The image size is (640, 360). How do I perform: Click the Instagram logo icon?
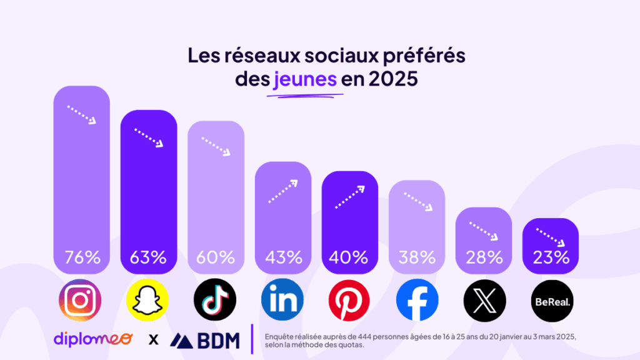pyautogui.click(x=80, y=300)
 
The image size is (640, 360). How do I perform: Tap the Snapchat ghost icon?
pyautogui.click(x=148, y=300)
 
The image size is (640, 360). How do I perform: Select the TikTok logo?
pyautogui.click(x=215, y=300)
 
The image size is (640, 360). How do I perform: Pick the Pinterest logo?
pyautogui.click(x=349, y=300)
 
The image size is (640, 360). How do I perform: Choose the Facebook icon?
pyautogui.click(x=417, y=300)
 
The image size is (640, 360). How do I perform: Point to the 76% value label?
pyautogui.click(x=81, y=257)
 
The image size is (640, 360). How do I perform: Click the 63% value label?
pyautogui.click(x=148, y=257)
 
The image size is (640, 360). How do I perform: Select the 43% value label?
pyautogui.click(x=282, y=257)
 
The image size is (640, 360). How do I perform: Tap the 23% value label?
pyautogui.click(x=551, y=257)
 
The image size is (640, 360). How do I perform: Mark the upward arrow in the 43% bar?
pyautogui.click(x=282, y=191)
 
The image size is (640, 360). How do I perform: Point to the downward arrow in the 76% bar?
pyautogui.click(x=82, y=114)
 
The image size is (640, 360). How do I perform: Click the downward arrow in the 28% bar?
pyautogui.click(x=484, y=231)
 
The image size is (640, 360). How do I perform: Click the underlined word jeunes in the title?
pyautogui.click(x=305, y=80)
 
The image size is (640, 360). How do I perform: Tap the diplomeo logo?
pyautogui.click(x=93, y=339)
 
